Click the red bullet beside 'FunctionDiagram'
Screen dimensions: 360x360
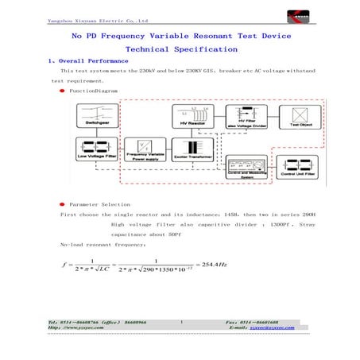click(x=62, y=91)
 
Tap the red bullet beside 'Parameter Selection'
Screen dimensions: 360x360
click(x=62, y=203)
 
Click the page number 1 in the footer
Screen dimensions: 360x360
click(x=182, y=321)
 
